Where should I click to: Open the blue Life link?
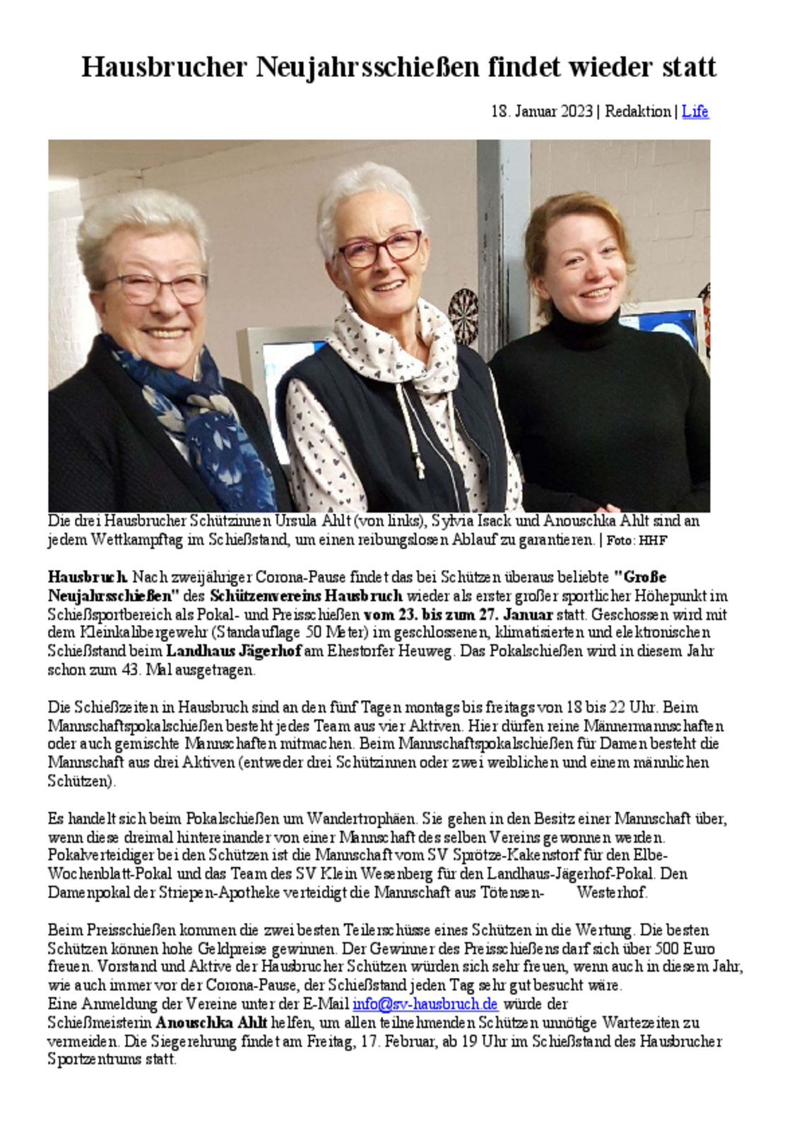tap(694, 112)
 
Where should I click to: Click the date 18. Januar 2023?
tap(541, 112)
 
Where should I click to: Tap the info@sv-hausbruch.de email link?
tap(425, 1004)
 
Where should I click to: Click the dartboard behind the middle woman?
tap(463, 308)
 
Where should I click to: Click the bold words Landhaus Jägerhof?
tap(234, 651)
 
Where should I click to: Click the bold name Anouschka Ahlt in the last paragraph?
tap(211, 1022)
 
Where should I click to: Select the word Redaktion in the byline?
tap(637, 112)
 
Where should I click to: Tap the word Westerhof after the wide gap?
tap(611, 893)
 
